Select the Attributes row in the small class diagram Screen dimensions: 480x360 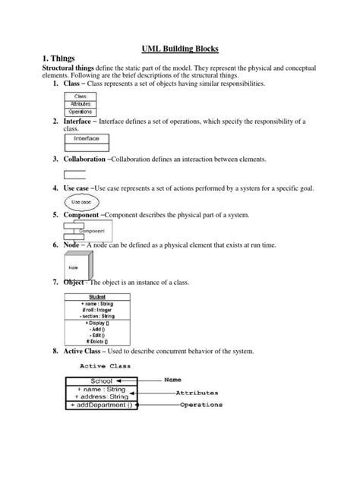tap(80, 103)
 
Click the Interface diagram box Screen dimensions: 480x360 tap(87, 140)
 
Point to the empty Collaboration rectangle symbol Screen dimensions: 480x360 tap(74, 174)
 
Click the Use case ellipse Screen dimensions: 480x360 tap(80, 201)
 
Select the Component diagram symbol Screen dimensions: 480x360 tap(84, 229)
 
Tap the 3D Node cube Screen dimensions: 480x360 tap(76, 267)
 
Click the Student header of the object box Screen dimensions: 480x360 tap(96, 297)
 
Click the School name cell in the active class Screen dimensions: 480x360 tap(101, 381)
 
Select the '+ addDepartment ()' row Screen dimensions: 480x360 tap(101, 405)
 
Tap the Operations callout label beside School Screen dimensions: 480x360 tap(201, 405)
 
